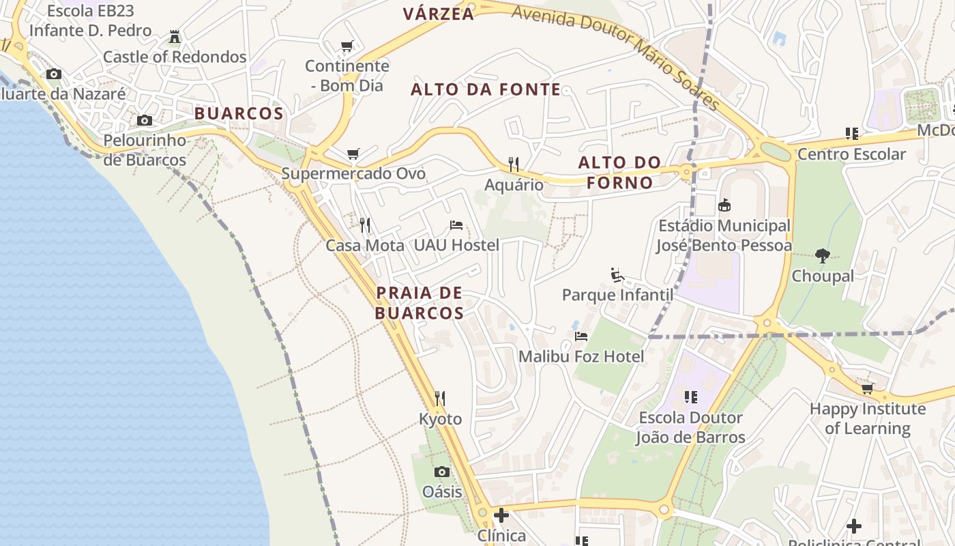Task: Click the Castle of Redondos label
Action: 175,57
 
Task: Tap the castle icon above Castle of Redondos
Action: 175,37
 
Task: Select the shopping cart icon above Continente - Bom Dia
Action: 347,46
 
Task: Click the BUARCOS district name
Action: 239,113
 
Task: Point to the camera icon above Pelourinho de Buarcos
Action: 145,121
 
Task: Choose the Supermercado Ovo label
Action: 353,173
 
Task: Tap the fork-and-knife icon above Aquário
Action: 514,164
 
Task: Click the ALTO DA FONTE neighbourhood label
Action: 486,89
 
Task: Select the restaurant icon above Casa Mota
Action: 365,225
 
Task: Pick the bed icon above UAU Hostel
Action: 456,225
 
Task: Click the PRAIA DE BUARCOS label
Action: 420,303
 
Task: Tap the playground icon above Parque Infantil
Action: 617,275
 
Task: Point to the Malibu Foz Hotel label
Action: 581,356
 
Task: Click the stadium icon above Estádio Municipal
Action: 724,205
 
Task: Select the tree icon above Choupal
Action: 823,256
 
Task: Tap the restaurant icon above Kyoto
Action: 440,398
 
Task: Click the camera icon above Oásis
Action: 442,472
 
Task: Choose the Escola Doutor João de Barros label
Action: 690,427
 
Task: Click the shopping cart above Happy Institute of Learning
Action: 867,389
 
